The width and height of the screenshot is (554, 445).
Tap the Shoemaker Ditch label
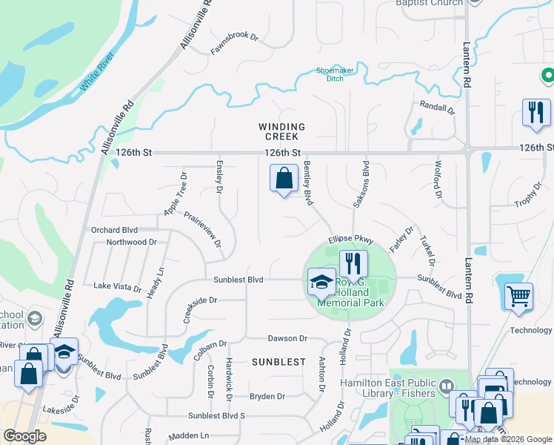tap(336, 74)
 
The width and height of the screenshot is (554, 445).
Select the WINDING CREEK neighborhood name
tap(278, 131)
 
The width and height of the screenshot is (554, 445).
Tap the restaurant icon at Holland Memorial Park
tap(353, 263)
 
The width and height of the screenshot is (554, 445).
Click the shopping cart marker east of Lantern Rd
tap(518, 296)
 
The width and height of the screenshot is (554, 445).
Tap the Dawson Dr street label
tap(287, 338)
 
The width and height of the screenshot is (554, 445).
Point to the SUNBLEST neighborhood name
tap(278, 362)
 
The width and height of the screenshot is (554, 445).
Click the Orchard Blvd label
tap(115, 229)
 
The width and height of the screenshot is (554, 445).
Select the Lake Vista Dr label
tap(117, 286)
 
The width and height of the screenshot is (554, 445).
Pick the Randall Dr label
tap(436, 108)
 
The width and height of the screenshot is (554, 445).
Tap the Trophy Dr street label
tap(528, 194)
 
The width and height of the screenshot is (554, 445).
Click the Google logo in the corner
tap(25, 436)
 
